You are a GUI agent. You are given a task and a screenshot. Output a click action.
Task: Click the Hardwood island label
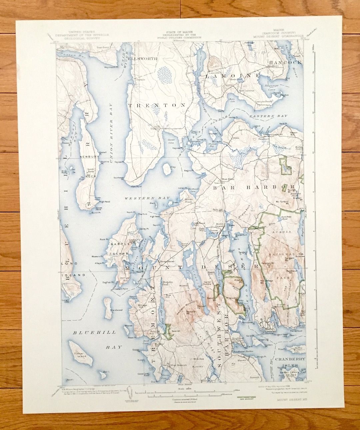click(x=117, y=310)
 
